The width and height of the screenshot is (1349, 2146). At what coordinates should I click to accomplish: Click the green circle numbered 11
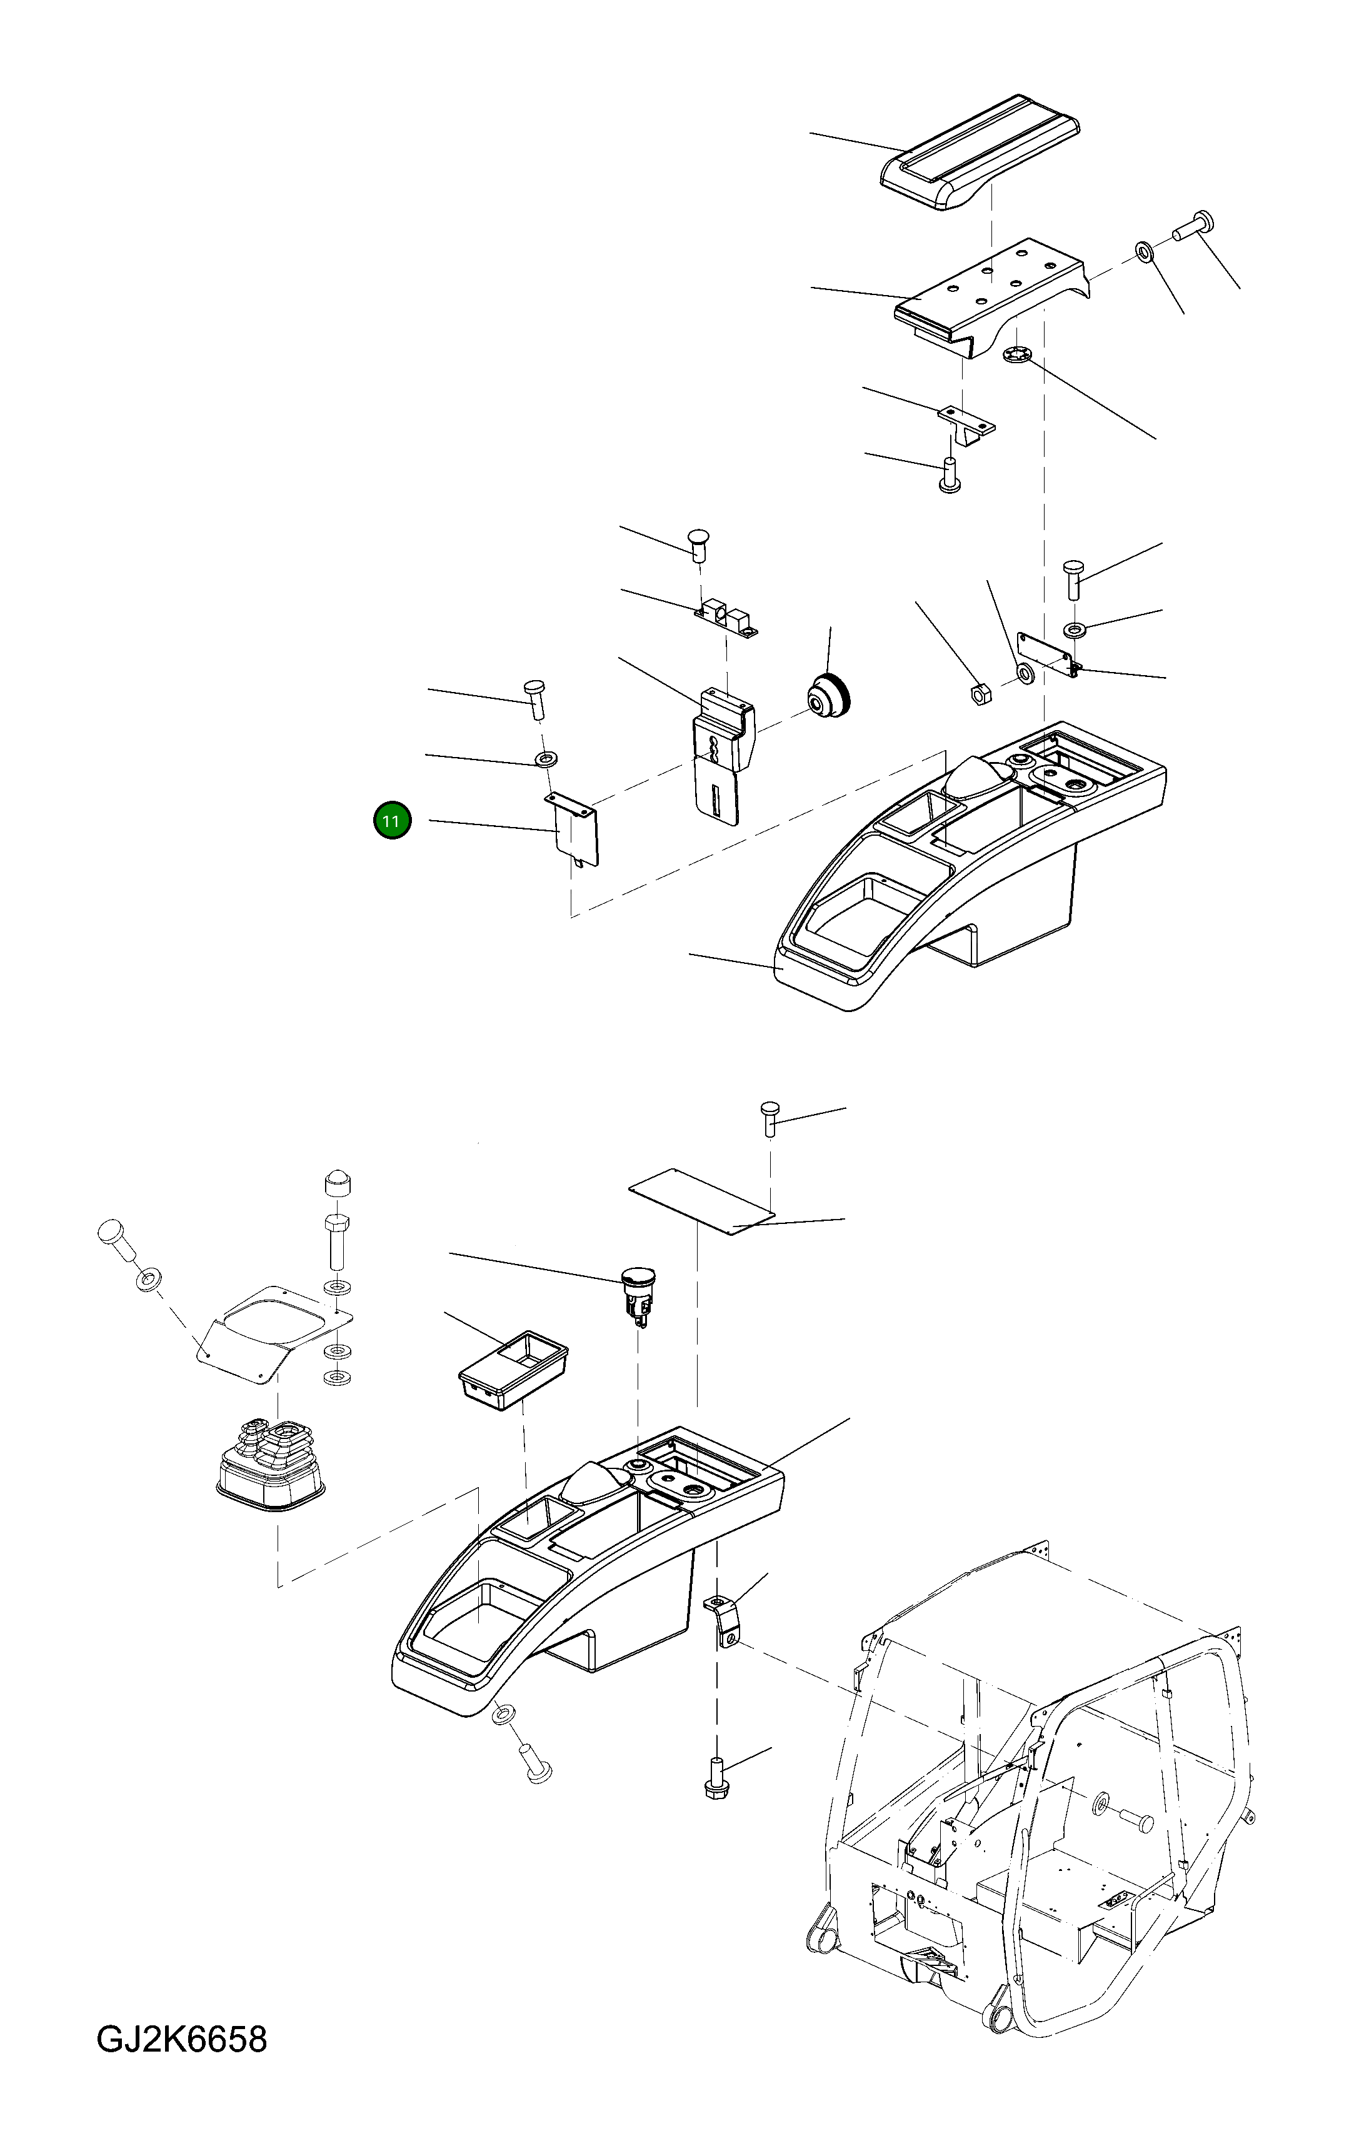click(392, 821)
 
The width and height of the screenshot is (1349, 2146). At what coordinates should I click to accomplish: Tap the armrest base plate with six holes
click(989, 294)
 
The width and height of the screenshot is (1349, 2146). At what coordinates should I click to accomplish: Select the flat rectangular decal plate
click(701, 1202)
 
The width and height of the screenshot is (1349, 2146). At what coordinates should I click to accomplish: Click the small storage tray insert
click(513, 1368)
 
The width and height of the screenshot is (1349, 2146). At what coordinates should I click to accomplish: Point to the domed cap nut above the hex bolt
click(336, 1183)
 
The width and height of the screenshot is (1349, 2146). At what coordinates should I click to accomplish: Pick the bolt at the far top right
click(1194, 224)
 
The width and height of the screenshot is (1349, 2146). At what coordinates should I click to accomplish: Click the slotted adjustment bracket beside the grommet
click(722, 758)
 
